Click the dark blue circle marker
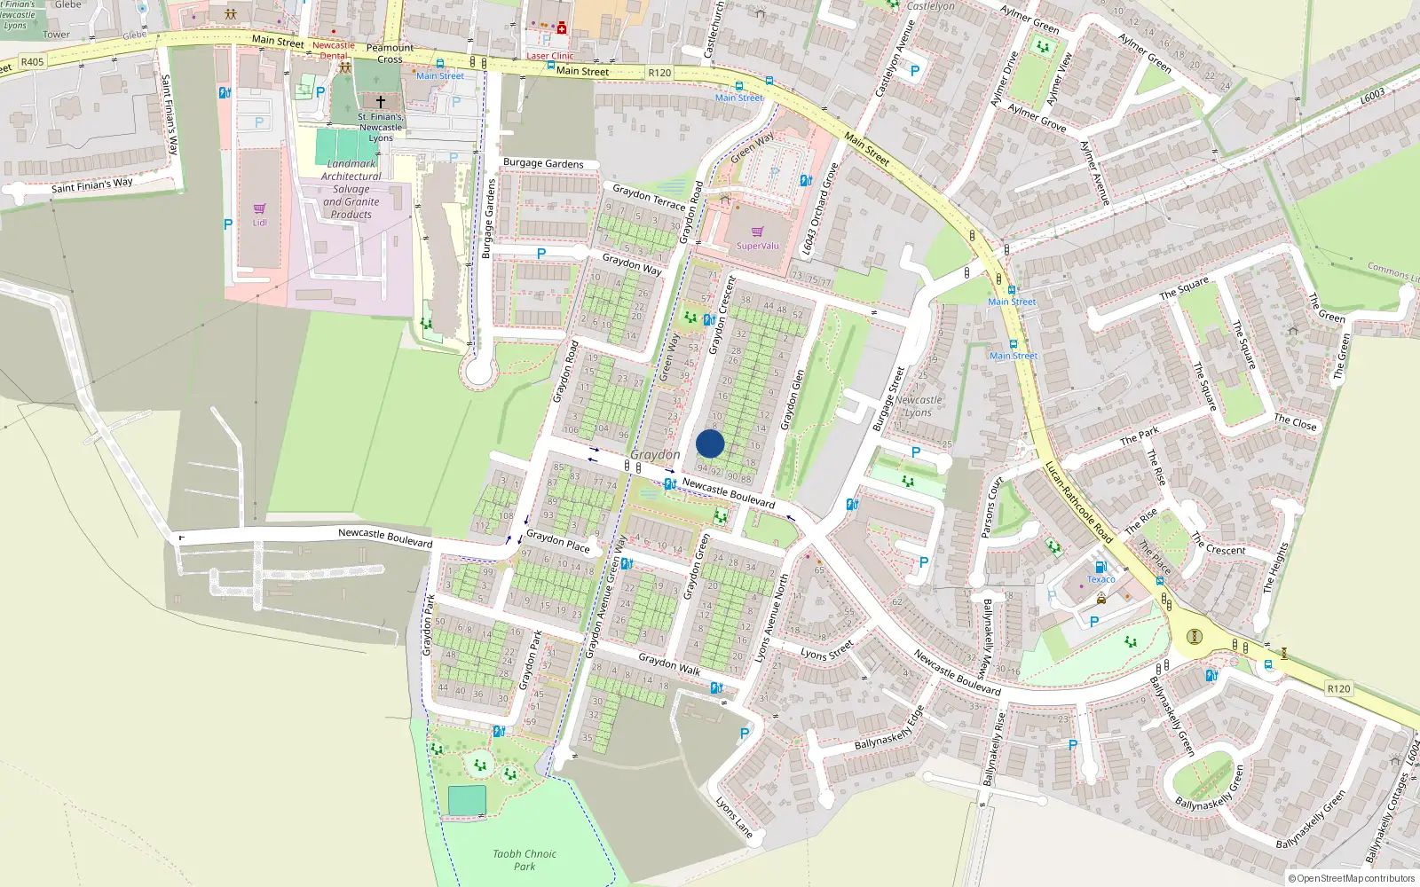tap(710, 443)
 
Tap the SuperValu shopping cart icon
tap(757, 232)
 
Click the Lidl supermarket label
tap(259, 222)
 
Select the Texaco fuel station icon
tap(1100, 568)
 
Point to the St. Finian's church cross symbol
tap(381, 102)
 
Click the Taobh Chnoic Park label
tap(525, 860)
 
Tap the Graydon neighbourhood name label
tap(655, 454)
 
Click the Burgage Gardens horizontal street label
tap(543, 163)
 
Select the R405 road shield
tap(32, 62)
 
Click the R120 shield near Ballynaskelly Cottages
tap(1338, 688)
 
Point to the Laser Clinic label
tap(550, 56)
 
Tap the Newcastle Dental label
tap(334, 50)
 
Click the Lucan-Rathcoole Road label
tap(1077, 502)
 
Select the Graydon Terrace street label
tap(649, 197)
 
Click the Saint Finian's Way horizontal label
tap(91, 185)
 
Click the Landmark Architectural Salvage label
tap(351, 189)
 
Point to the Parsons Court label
tap(992, 507)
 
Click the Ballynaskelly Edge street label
tap(889, 728)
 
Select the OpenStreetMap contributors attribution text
tap(1352, 878)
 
